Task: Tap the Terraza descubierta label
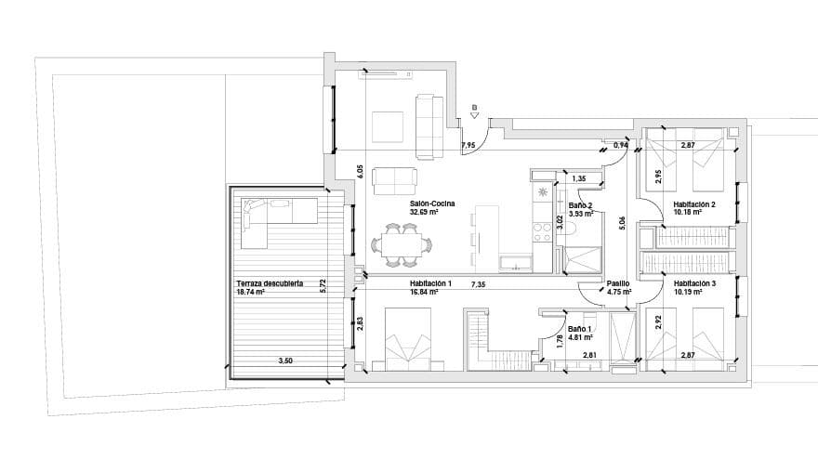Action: click(269, 282)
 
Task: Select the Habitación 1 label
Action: click(430, 283)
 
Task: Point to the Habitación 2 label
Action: click(694, 203)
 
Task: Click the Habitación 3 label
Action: click(694, 283)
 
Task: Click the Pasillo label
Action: click(619, 283)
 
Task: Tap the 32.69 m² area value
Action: click(424, 212)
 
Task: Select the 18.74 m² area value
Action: click(251, 292)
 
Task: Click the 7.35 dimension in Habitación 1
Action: click(478, 283)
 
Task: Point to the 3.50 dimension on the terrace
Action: click(285, 361)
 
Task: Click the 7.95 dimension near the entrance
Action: click(468, 145)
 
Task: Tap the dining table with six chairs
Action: click(402, 245)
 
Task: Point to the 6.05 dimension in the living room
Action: click(359, 172)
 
